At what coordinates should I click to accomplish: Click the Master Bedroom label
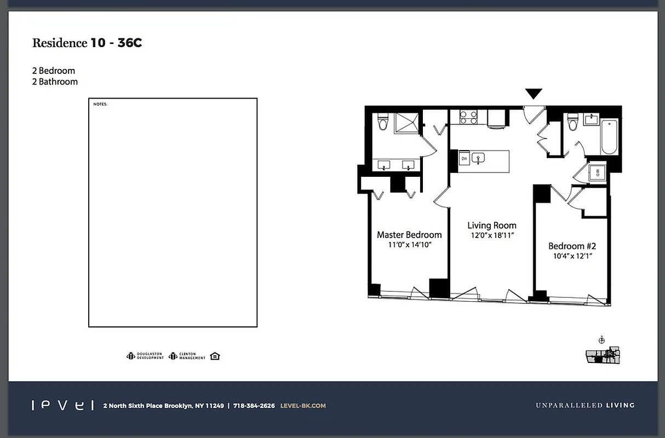pyautogui.click(x=409, y=235)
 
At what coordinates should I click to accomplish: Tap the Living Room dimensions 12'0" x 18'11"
pyautogui.click(x=491, y=235)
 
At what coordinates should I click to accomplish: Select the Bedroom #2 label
pyautogui.click(x=572, y=246)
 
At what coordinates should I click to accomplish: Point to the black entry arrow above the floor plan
pyautogui.click(x=534, y=94)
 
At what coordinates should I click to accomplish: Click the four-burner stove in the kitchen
pyautogui.click(x=468, y=118)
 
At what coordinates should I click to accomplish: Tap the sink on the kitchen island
pyautogui.click(x=478, y=159)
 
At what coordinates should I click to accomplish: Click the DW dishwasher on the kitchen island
pyautogui.click(x=463, y=159)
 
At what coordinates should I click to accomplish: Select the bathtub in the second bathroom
pyautogui.click(x=609, y=137)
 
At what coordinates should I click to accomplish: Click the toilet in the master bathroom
pyautogui.click(x=383, y=123)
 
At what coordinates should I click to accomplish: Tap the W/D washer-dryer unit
pyautogui.click(x=597, y=173)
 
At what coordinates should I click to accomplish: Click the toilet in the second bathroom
pyautogui.click(x=573, y=122)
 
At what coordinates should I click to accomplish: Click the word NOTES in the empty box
pyautogui.click(x=100, y=104)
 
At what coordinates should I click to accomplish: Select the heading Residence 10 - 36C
pyautogui.click(x=87, y=43)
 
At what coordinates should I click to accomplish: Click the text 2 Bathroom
pyautogui.click(x=55, y=82)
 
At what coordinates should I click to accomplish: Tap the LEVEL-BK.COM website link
pyautogui.click(x=302, y=406)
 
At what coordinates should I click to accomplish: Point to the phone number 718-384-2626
pyautogui.click(x=254, y=406)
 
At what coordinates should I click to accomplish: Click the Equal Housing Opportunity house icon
pyautogui.click(x=215, y=356)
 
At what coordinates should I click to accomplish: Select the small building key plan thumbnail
pyautogui.click(x=602, y=355)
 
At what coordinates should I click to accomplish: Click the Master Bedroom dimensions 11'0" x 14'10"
pyautogui.click(x=410, y=245)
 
